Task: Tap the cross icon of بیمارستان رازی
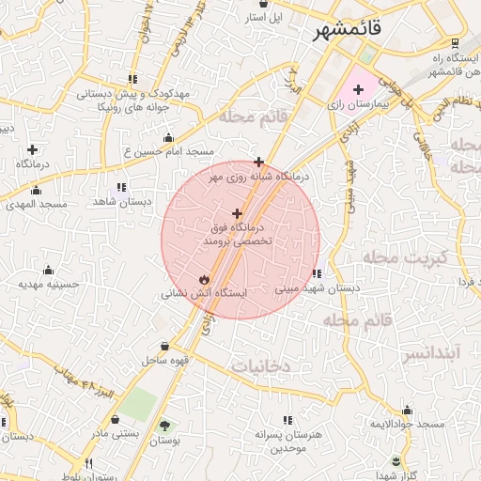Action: (358, 88)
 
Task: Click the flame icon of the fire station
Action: (204, 279)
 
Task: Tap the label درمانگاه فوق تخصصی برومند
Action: (237, 234)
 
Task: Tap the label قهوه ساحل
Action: (166, 360)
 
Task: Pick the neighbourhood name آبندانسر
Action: (437, 354)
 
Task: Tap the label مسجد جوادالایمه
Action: (406, 425)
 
